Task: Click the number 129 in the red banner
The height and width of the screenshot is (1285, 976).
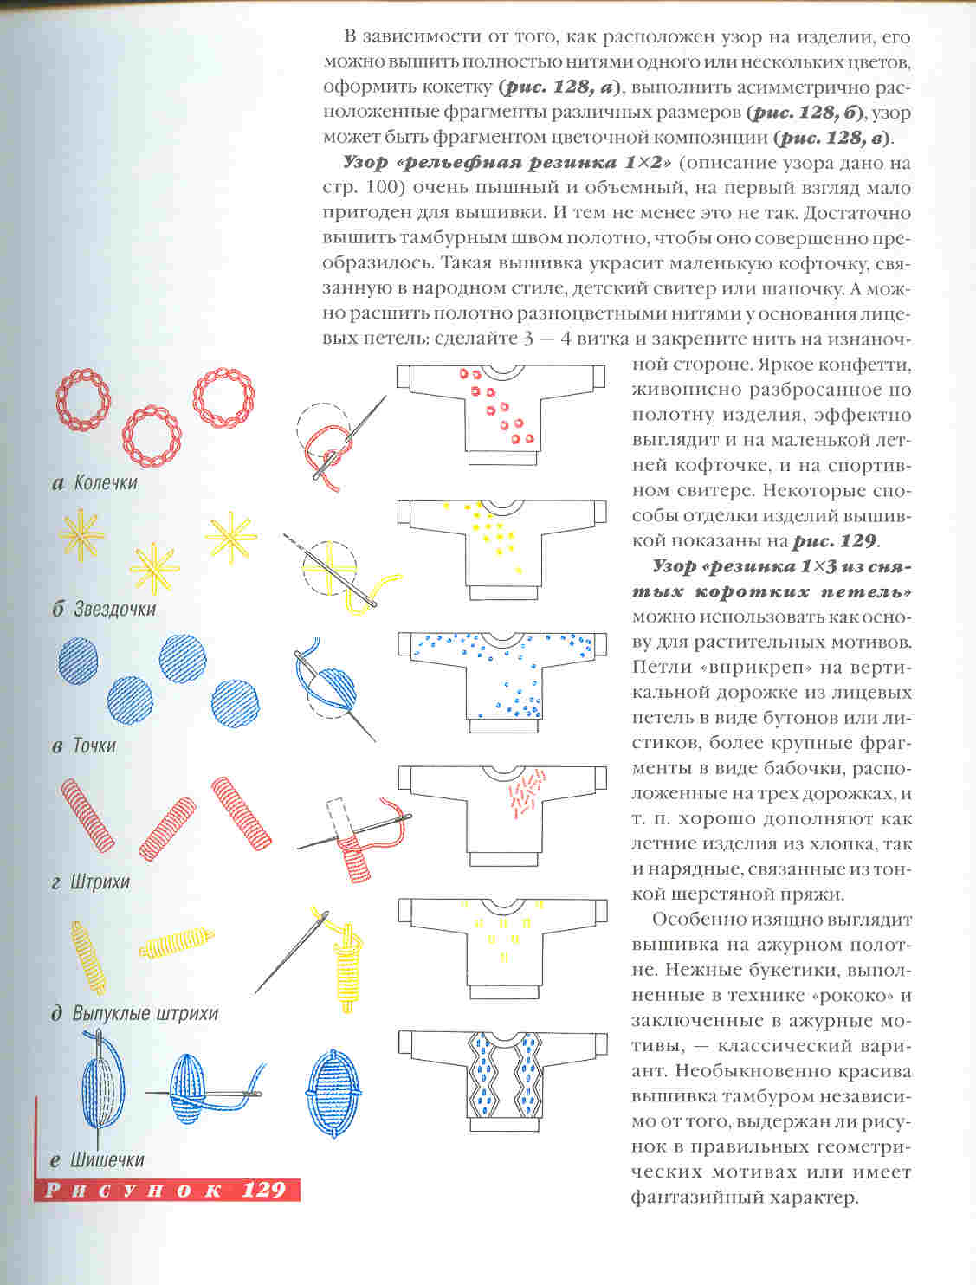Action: [263, 1190]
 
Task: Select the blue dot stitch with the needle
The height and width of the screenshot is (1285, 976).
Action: [329, 688]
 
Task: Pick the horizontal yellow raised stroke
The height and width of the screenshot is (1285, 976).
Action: [176, 943]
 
